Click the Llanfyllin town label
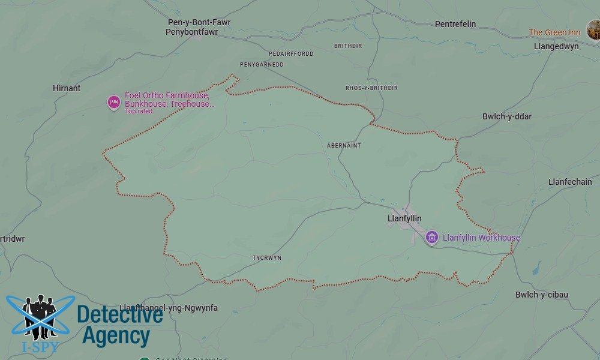[x=404, y=219]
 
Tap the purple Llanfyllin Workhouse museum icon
[x=431, y=238]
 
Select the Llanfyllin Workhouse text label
[x=481, y=238]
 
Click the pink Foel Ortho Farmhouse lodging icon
[x=114, y=103]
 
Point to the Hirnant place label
[x=66, y=88]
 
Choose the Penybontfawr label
[x=191, y=32]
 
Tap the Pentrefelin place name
[x=455, y=24]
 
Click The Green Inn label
[x=554, y=32]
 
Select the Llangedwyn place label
[x=556, y=46]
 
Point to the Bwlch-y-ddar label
[x=507, y=116]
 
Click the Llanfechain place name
[x=570, y=182]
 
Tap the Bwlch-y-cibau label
[x=541, y=295]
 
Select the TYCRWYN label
[x=267, y=258]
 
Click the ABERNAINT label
[x=344, y=146]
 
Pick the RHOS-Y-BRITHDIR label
[x=371, y=88]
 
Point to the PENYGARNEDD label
[x=262, y=65]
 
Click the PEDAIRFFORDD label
[x=292, y=54]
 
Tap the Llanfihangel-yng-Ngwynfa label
[x=169, y=308]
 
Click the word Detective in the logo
[x=120, y=314]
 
